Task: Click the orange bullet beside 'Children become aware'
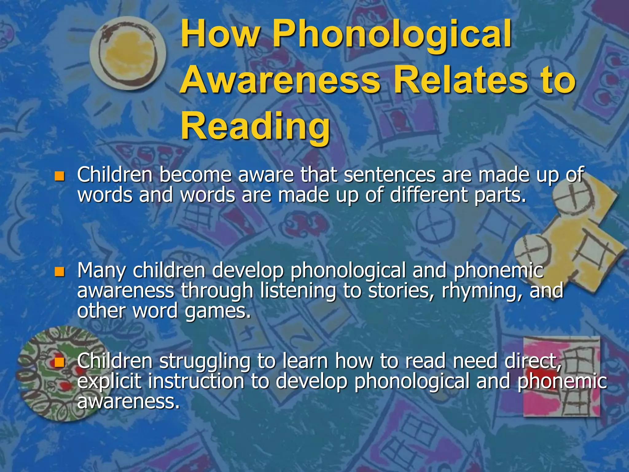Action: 59,176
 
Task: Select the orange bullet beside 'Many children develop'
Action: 59,272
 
